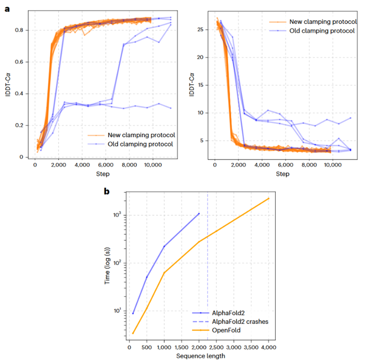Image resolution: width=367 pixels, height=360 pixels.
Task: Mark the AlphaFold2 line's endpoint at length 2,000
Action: tap(199, 213)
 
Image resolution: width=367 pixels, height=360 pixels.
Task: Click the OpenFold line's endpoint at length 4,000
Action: tap(269, 198)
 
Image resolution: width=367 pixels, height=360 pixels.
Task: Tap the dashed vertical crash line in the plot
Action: tap(207, 265)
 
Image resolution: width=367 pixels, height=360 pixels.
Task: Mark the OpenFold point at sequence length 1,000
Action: tap(164, 273)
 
